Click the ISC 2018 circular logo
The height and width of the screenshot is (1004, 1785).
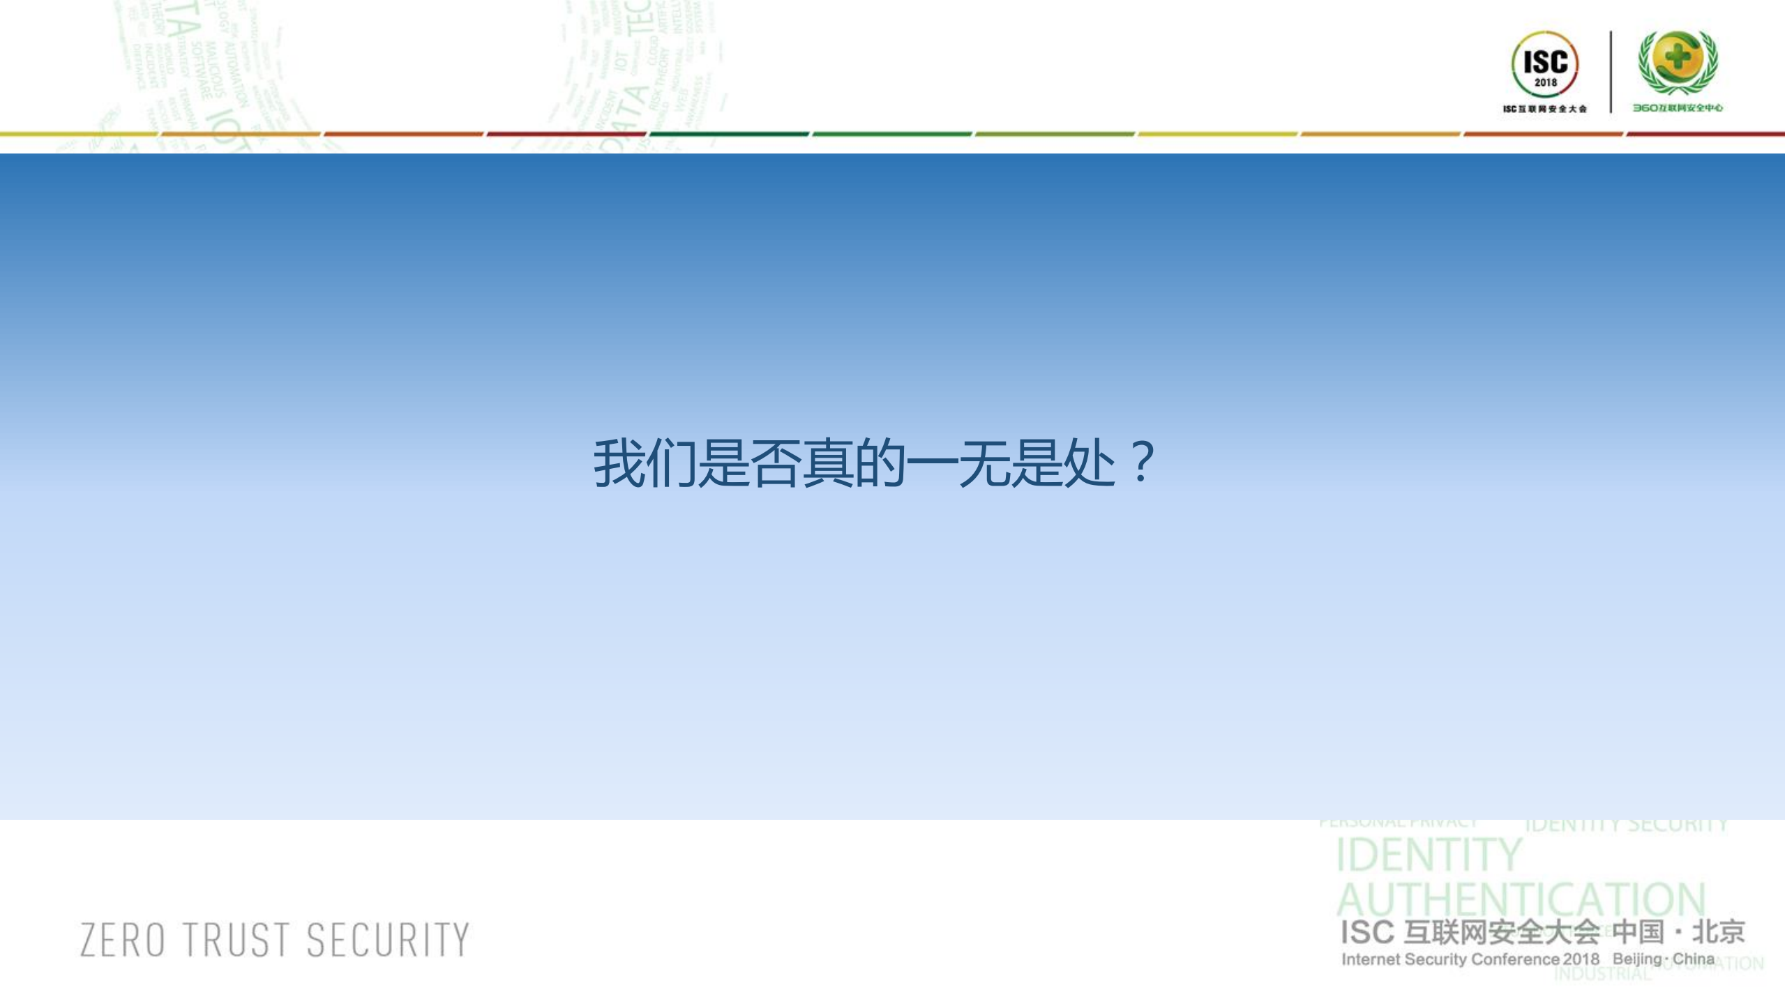(1544, 65)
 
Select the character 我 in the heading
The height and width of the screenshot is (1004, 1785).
(618, 463)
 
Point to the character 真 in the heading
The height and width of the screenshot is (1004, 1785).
(827, 463)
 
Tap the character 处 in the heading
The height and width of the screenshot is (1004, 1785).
(1088, 463)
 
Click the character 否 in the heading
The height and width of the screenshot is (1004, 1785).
(774, 463)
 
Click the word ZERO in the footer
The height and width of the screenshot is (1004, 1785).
(123, 940)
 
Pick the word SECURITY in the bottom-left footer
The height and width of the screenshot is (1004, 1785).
(388, 940)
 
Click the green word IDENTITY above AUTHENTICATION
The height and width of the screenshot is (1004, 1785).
(1428, 855)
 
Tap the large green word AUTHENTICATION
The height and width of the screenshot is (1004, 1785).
(1521, 900)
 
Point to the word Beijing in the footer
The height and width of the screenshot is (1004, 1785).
(1637, 959)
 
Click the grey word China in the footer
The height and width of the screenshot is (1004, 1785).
(1694, 959)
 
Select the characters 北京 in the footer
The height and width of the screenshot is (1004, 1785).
(1719, 932)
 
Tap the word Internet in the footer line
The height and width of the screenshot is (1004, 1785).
(1371, 959)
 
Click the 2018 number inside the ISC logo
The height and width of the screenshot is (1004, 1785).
(1545, 82)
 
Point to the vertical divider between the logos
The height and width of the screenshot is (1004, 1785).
(1611, 71)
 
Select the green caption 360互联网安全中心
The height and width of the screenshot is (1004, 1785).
(1678, 108)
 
